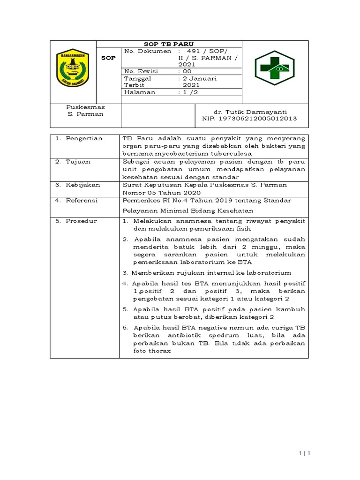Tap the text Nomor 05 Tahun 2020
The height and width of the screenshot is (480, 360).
161,192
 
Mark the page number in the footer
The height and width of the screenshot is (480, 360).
305,453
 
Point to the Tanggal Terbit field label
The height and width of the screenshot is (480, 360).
138,82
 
